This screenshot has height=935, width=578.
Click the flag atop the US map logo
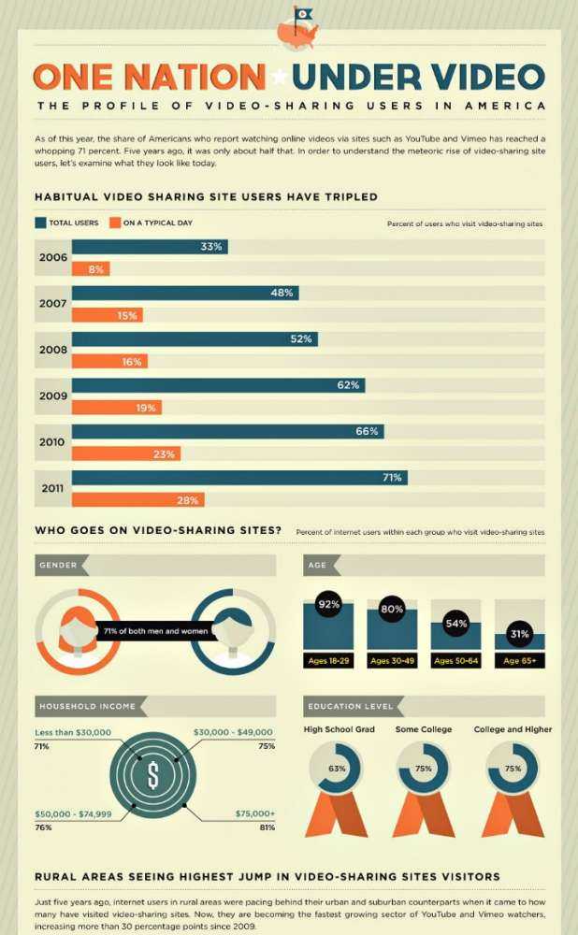[303, 13]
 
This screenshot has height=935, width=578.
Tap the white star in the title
[279, 76]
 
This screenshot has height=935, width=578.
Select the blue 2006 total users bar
[149, 247]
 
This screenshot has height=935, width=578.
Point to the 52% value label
[300, 338]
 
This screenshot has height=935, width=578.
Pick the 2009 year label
[52, 395]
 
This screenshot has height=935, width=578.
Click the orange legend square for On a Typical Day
[114, 223]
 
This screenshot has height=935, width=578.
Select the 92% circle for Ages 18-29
[328, 604]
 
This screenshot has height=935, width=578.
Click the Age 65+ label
[519, 662]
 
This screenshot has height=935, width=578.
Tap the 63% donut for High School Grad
[338, 768]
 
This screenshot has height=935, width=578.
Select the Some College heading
[424, 729]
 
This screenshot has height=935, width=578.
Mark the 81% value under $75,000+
[267, 827]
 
